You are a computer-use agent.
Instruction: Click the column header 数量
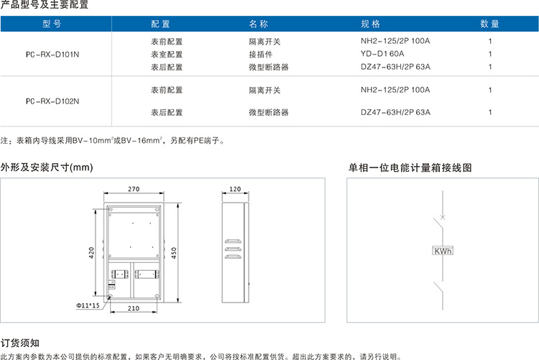point(489,24)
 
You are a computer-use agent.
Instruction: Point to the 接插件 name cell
point(261,54)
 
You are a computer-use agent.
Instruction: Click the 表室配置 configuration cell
point(167,54)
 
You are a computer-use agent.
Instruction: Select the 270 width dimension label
point(134,190)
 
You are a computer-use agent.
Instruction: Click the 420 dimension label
point(93,253)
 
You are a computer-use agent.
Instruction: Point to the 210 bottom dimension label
point(134,308)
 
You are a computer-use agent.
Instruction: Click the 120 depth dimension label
point(235,190)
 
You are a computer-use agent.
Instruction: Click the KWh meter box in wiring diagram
point(442,251)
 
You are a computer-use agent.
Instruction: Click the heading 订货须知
point(20,343)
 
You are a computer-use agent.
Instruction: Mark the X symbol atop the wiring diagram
point(442,216)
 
